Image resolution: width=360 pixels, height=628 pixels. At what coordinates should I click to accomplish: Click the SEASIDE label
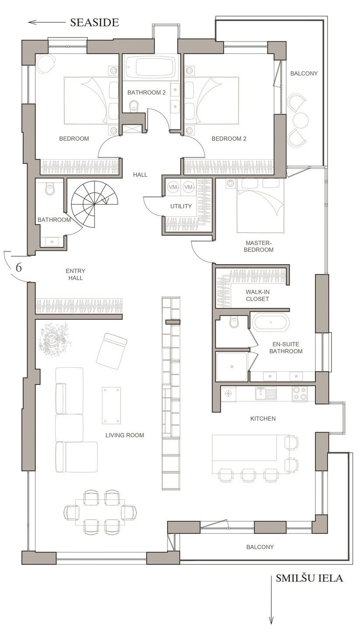click(94, 22)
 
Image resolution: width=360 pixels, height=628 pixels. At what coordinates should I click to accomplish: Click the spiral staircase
click(94, 205)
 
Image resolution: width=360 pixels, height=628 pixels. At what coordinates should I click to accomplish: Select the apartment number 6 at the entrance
click(18, 268)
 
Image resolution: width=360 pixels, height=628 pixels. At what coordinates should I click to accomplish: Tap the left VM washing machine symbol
click(173, 187)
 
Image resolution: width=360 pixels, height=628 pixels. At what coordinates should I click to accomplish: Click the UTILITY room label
click(181, 206)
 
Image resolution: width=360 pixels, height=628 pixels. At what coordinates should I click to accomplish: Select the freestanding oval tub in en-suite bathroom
click(271, 322)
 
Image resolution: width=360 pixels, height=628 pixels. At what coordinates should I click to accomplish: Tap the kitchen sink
click(266, 393)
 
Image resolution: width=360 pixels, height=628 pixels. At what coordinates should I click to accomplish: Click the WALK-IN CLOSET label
click(257, 295)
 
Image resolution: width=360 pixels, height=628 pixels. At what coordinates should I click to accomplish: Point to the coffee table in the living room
click(111, 405)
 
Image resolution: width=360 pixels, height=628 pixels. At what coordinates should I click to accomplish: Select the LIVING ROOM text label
click(125, 435)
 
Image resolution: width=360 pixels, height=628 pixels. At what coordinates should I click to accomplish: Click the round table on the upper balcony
click(301, 120)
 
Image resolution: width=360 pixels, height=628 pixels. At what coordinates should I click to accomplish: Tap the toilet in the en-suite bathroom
click(234, 322)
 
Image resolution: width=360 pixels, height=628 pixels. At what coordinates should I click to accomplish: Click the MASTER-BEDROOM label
click(259, 246)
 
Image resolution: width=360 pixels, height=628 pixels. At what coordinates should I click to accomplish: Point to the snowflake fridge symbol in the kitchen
click(228, 393)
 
